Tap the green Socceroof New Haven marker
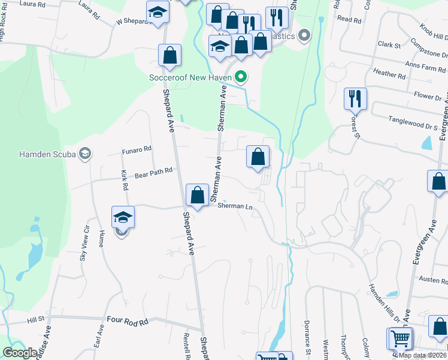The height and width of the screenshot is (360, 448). point(241,77)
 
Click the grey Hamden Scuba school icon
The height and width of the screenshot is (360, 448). point(84,154)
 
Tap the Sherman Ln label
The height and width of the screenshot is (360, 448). point(235,206)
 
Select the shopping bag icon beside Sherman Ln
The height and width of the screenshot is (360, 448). point(197,194)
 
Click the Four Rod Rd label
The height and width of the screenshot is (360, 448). point(127,322)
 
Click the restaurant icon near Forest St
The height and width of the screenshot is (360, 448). point(355,98)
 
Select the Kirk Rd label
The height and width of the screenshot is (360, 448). point(125,180)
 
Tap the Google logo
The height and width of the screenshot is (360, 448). point(20,353)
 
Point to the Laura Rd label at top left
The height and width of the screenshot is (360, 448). point(32,4)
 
